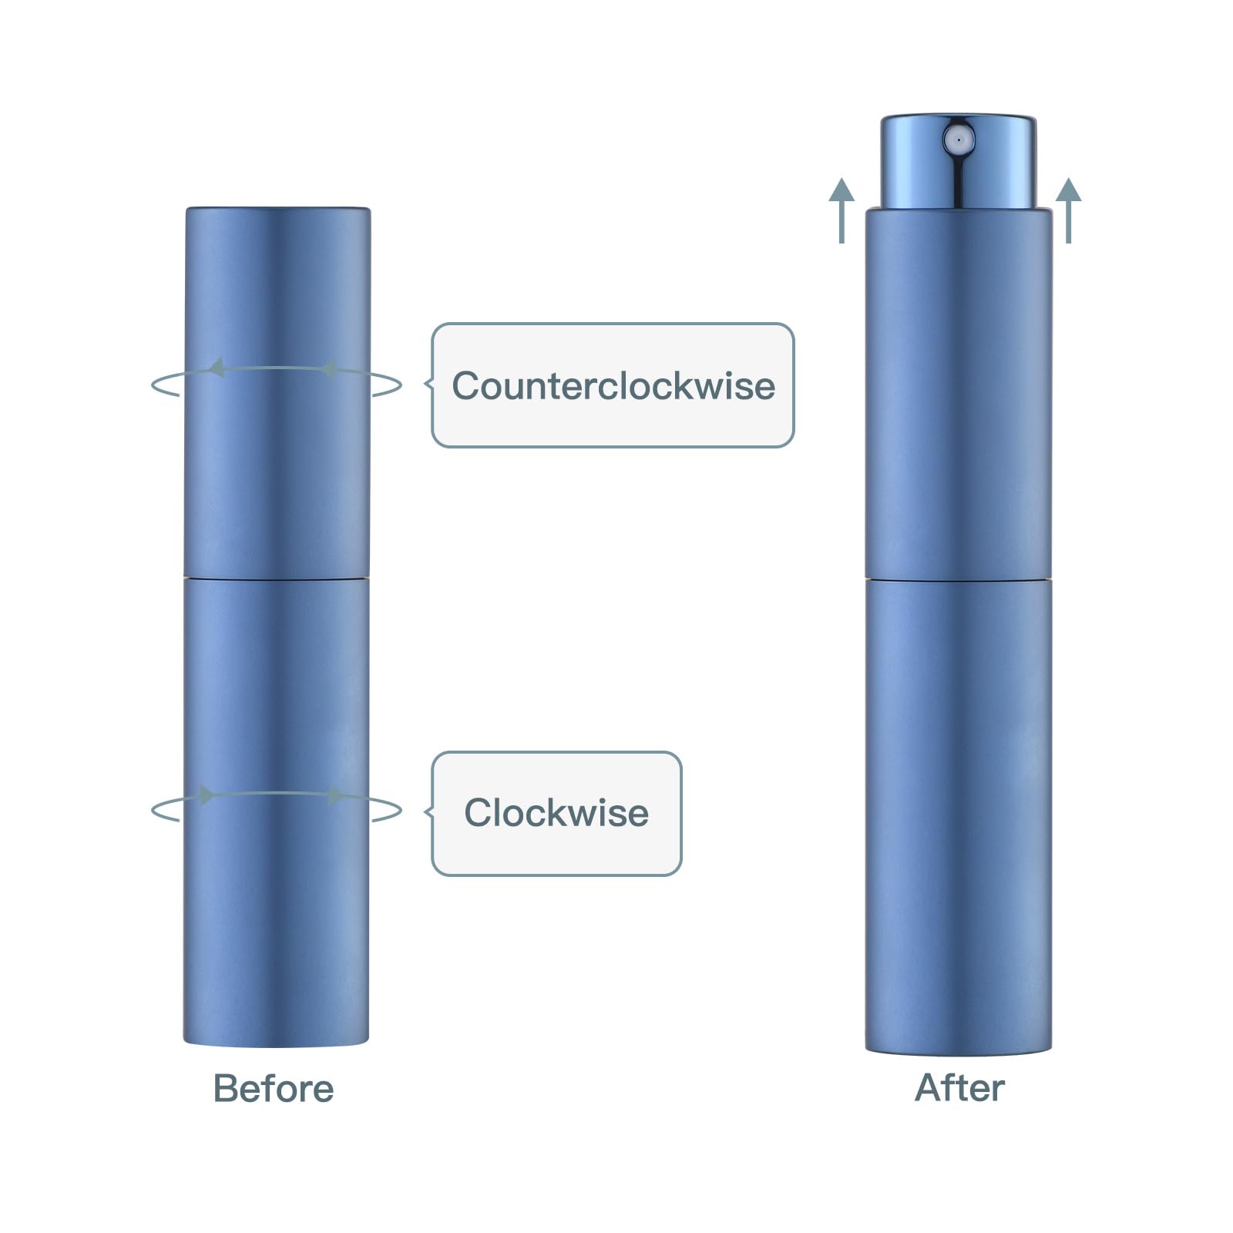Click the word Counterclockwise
click(613, 385)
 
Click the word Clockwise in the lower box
click(556, 812)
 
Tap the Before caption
click(274, 1089)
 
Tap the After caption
click(959, 1088)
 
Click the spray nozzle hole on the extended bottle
click(958, 140)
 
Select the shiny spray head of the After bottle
click(959, 162)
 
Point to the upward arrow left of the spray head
click(842, 210)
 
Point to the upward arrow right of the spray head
click(1068, 210)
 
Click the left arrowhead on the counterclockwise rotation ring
click(217, 368)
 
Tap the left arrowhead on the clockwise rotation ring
click(207, 795)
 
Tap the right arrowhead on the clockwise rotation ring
click(336, 795)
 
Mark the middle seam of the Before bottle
click(276, 577)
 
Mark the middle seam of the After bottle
click(959, 578)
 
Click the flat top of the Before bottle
click(277, 209)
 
